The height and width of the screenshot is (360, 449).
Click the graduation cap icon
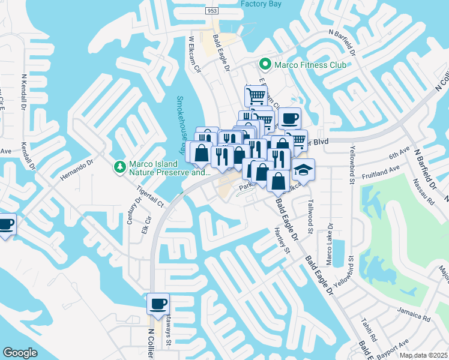coord(304,169)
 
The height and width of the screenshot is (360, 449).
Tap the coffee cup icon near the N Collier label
coord(158,304)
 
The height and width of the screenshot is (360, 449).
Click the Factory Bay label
coord(261,4)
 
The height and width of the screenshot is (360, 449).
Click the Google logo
coord(20,353)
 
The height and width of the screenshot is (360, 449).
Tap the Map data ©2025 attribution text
coord(423,355)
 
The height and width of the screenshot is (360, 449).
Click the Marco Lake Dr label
coord(328,247)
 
